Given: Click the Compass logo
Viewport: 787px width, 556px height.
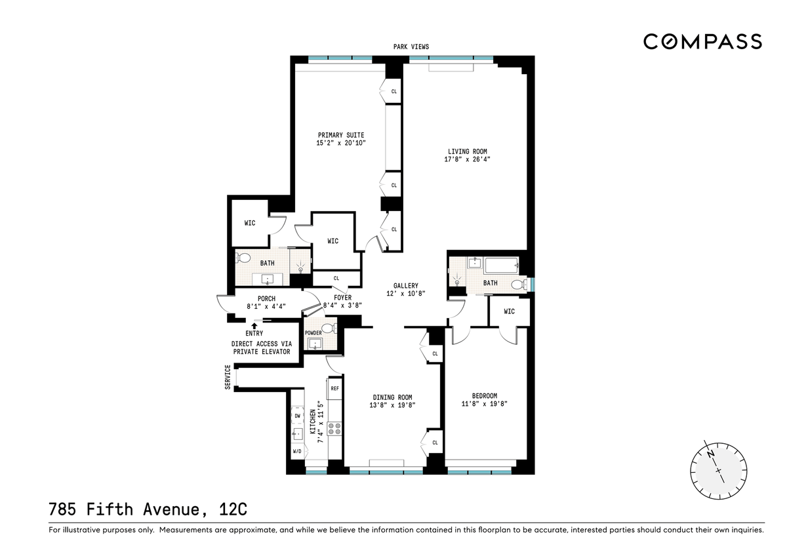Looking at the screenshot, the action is pos(702,41).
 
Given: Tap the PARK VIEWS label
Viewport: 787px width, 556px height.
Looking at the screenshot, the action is pos(411,47).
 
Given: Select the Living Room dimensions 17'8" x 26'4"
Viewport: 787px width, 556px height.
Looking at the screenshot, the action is pos(467,159).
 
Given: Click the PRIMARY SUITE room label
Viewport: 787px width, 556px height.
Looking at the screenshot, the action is pos(341,135).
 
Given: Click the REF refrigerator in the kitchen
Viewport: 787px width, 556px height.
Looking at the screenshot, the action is pos(334,388).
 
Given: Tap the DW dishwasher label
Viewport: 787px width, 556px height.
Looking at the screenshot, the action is pos(298,416).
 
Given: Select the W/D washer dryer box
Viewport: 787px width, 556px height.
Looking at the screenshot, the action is pos(297,451).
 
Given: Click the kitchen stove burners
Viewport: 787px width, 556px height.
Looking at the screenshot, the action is pos(334,429).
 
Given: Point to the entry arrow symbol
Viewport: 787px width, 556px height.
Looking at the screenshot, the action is pos(254,326).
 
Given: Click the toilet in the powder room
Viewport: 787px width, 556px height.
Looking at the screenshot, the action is pos(329,328).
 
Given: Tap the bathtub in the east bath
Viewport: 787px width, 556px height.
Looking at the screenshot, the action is pos(501,266).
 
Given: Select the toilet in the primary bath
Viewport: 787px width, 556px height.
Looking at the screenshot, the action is pos(243,258).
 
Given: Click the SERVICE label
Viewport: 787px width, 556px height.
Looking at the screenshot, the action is pos(228,377).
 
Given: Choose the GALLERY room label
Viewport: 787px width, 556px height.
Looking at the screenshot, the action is pos(406,286).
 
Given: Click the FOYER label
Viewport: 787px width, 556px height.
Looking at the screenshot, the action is pos(342,298).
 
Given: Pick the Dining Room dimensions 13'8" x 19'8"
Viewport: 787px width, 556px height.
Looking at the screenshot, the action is pos(392,405).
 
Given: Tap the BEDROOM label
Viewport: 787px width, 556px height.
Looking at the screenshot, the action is pos(485,396).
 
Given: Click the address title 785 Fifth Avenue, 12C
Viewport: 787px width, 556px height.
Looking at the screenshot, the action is pos(148,509).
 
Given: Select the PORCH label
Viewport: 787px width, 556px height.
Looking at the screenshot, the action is pos(266,299).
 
